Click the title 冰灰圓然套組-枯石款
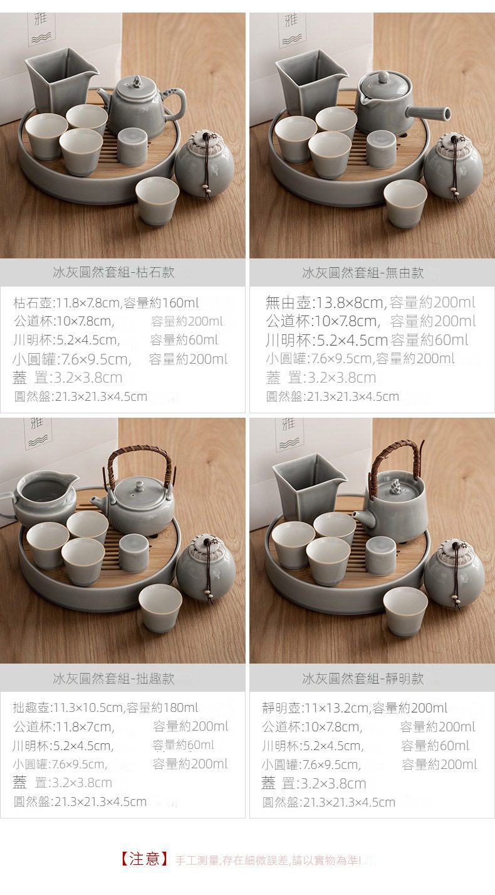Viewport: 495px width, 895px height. point(113,272)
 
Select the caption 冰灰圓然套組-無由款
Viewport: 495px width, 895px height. point(363,273)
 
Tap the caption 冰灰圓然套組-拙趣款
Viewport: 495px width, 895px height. point(113,678)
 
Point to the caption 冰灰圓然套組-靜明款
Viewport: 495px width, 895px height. point(363,678)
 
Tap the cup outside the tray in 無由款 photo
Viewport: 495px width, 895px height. point(405,203)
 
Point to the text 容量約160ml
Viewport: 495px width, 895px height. point(161,303)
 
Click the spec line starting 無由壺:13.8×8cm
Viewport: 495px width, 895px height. point(370,302)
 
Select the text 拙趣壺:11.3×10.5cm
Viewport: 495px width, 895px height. point(68,707)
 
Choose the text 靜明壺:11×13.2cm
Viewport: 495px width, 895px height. point(315,708)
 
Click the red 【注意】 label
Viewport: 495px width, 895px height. point(145,859)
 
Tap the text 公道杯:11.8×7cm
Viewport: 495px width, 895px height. point(64,726)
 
